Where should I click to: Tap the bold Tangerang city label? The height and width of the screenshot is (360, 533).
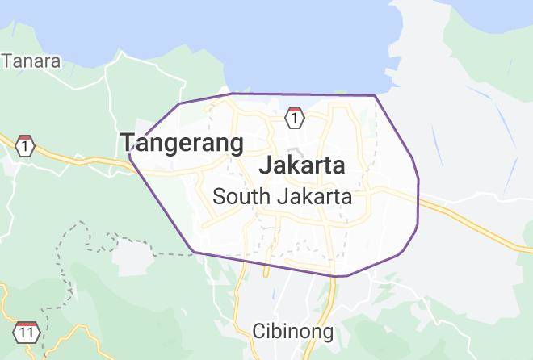pos(183,143)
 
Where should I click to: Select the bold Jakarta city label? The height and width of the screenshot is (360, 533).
pos(302,165)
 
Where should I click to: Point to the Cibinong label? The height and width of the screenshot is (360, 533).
pos(292,331)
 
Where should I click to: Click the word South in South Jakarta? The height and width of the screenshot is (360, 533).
pos(241,196)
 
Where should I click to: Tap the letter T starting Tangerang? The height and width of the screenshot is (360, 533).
pos(128,143)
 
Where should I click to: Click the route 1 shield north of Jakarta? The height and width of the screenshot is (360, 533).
pos(295,118)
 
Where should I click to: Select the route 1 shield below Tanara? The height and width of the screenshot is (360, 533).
pos(26,146)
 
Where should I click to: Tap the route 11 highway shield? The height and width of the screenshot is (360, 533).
pos(27,332)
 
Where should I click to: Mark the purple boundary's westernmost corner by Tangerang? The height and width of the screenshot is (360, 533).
pos(129,156)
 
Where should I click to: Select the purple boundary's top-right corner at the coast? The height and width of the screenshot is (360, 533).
pos(375,96)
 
